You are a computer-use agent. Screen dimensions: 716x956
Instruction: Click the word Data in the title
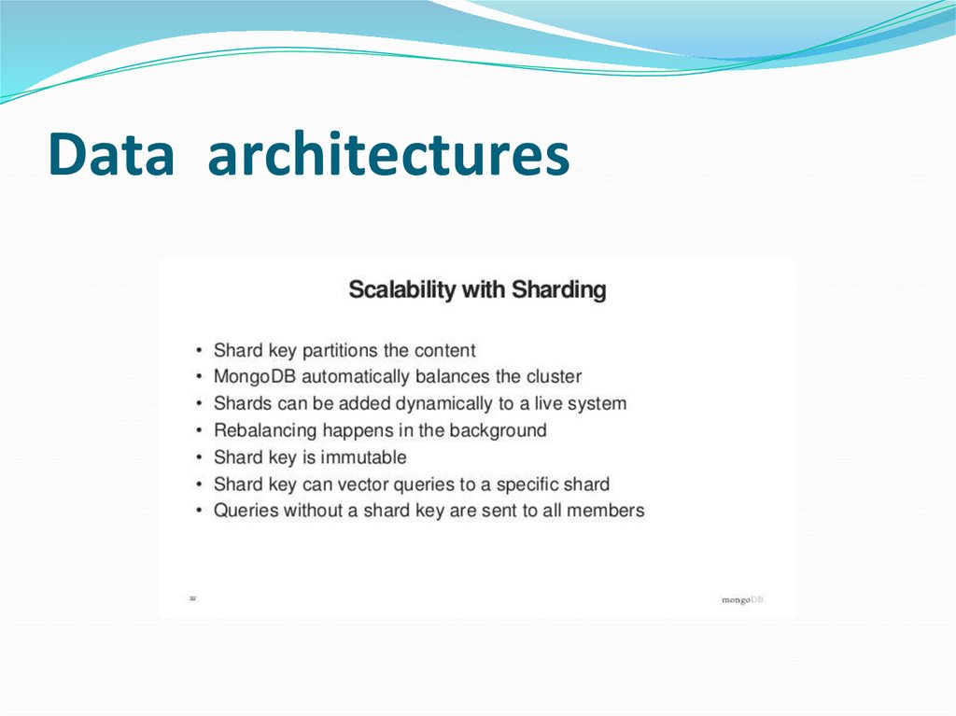tap(111, 155)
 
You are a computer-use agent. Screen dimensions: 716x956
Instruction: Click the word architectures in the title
tap(388, 155)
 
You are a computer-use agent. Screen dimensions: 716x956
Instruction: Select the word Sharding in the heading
tap(558, 290)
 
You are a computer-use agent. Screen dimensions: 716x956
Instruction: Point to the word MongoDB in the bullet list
tap(256, 377)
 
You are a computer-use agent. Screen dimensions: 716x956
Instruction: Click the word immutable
tap(363, 457)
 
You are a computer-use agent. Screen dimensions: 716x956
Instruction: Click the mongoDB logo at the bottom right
tap(743, 599)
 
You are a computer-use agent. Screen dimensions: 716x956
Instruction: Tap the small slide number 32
tap(192, 597)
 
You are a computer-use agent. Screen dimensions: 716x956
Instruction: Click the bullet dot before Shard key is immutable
tap(200, 458)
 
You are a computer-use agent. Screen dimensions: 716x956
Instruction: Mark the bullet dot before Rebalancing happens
tap(200, 431)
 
